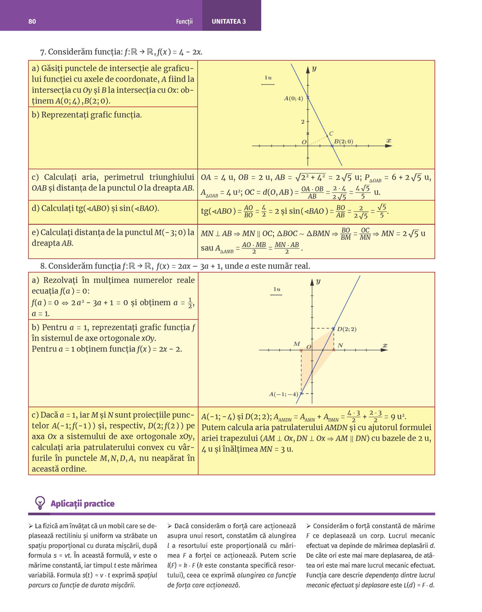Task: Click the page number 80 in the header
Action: tap(32, 21)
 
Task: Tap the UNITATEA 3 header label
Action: tap(229, 21)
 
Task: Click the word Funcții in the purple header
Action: tap(184, 21)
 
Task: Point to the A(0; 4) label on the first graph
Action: tap(293, 99)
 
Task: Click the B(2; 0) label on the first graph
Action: tap(343, 141)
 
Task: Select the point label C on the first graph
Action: tap(331, 133)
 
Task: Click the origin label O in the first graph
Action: tap(304, 142)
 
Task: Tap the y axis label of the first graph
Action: tap(314, 68)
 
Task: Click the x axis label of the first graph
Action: tap(388, 141)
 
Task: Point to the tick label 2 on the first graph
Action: tap(303, 122)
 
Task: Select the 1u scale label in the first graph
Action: tap(268, 78)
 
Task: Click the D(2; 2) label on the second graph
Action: tap(347, 329)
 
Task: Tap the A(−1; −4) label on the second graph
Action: tap(283, 394)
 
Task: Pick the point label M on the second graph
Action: tap(297, 344)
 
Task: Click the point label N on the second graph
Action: tap(340, 345)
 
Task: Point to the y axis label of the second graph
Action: tap(318, 281)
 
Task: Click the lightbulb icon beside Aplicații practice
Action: tap(40, 503)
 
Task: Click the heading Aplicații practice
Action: tap(82, 504)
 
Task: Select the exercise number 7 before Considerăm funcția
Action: tap(42, 52)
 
